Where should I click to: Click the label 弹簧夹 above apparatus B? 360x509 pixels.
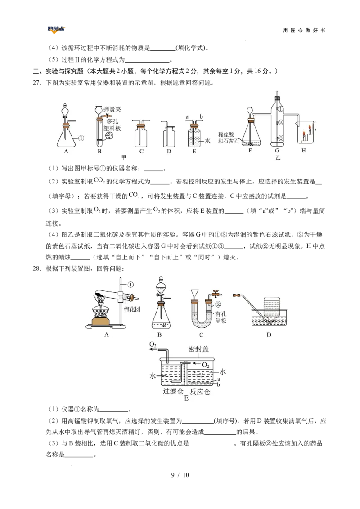pyautogui.click(x=112, y=109)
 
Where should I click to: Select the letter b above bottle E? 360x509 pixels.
pyautogui.click(x=201, y=116)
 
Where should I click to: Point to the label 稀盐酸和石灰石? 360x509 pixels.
pyautogui.click(x=227, y=137)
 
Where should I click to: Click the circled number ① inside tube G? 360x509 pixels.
pyautogui.click(x=279, y=109)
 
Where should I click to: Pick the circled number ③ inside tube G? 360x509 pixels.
pyautogui.click(x=279, y=138)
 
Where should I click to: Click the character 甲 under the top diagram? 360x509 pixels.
pyautogui.click(x=124, y=157)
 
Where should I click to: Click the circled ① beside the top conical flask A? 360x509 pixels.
pyautogui.click(x=81, y=138)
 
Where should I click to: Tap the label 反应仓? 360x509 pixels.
pyautogui.click(x=200, y=392)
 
